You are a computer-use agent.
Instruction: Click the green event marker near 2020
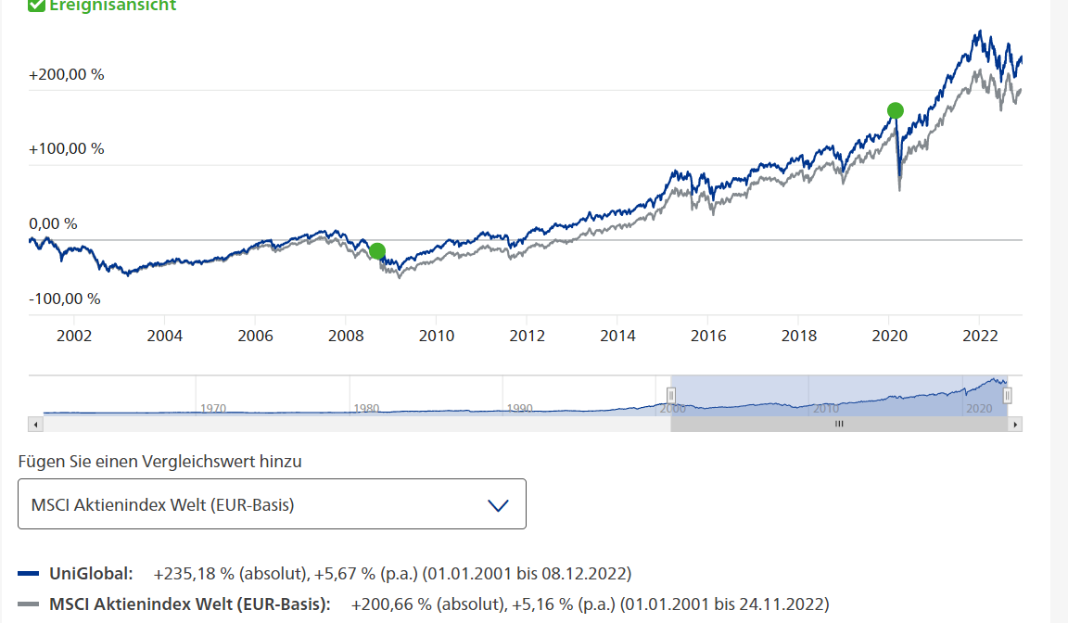click(895, 110)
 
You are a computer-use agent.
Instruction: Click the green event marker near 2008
click(376, 251)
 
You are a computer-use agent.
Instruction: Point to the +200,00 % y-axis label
click(67, 74)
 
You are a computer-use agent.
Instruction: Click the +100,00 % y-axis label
click(67, 148)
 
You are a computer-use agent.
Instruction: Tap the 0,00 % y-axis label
click(53, 223)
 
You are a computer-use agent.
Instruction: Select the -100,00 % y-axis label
click(65, 299)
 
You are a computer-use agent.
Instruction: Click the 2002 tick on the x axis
click(74, 335)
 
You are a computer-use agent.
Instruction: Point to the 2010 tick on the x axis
click(437, 335)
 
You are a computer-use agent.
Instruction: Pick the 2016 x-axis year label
click(708, 335)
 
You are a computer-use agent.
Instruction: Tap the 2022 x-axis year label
click(980, 335)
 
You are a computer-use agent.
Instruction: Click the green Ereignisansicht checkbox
click(36, 6)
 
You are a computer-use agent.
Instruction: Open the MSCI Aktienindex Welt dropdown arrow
click(498, 505)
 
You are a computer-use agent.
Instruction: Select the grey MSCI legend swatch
click(29, 604)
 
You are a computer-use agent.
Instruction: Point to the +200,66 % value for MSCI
click(391, 604)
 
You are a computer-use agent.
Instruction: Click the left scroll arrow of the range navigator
click(35, 424)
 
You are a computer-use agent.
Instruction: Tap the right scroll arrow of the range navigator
click(1016, 424)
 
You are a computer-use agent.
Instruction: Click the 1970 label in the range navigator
click(213, 408)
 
